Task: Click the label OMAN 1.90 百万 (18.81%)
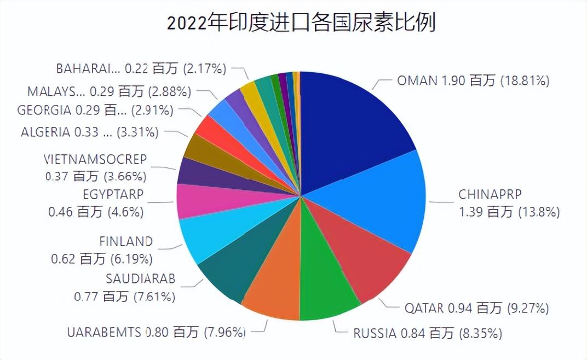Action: [x=473, y=81]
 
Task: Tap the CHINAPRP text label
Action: [x=490, y=195]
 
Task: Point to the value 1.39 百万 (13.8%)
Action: [x=509, y=212]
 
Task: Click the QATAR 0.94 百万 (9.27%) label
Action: [x=476, y=308]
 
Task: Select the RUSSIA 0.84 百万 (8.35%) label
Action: [x=427, y=332]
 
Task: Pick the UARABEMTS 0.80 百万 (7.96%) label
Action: [x=156, y=332]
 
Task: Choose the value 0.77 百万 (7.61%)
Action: [x=124, y=297]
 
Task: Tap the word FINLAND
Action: [x=126, y=241]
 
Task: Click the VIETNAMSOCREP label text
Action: [x=95, y=159]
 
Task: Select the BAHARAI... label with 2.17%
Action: [x=141, y=68]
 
